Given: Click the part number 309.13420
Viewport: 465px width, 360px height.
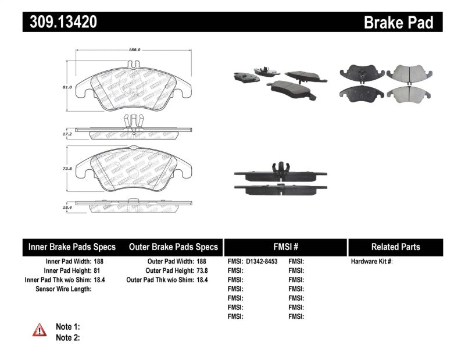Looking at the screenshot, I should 60,23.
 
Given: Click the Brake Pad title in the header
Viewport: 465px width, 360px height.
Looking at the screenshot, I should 398,23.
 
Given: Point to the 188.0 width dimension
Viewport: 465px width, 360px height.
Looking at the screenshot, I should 134,50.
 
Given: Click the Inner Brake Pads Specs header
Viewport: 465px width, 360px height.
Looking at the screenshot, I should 72,247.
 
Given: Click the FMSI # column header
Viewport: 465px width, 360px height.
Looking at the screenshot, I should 285,247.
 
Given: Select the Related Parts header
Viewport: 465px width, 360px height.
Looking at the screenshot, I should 395,247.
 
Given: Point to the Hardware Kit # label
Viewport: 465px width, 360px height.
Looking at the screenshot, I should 371,262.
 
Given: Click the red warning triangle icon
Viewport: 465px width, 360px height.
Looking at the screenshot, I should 39,330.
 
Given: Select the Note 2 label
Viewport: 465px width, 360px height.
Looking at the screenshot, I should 67,337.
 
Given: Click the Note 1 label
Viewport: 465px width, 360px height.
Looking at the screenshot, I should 67,327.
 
